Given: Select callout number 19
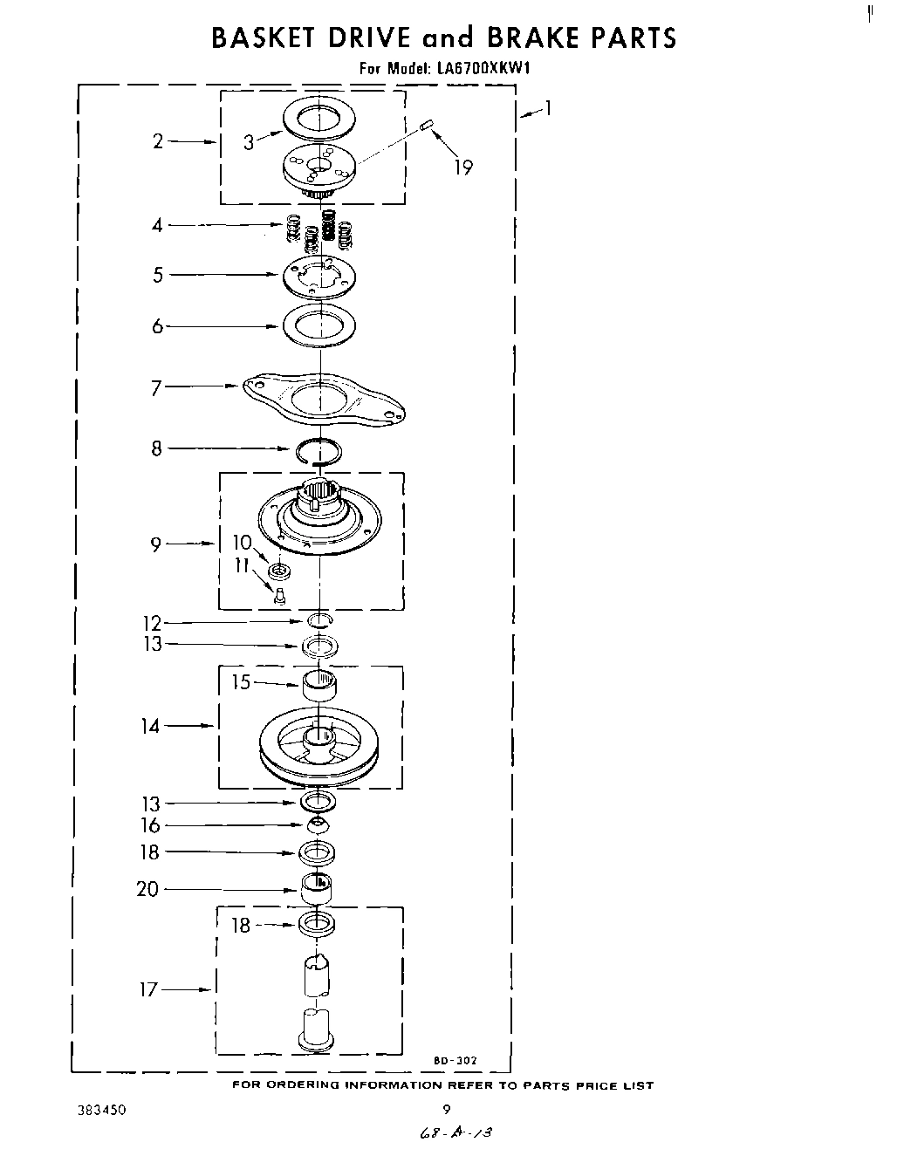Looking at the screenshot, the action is click(x=462, y=168).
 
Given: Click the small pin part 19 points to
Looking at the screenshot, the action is click(x=427, y=126).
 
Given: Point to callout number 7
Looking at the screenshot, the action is click(x=156, y=387).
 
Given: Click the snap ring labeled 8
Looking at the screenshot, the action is click(x=318, y=451).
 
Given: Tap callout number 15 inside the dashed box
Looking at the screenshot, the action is click(x=241, y=682).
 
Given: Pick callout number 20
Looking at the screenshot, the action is click(x=147, y=889).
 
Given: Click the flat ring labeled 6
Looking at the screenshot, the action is click(x=319, y=326).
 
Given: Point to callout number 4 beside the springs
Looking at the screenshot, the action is click(x=157, y=225).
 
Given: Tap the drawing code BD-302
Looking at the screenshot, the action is click(x=455, y=1061).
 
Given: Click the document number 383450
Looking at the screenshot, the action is click(x=103, y=1111).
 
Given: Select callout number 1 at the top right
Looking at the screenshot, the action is click(x=547, y=108).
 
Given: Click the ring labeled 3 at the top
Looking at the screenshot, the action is click(x=319, y=118).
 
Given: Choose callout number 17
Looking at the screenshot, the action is click(x=149, y=989).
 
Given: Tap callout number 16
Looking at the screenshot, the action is click(x=151, y=825).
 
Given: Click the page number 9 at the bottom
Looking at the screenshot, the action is click(x=447, y=1111).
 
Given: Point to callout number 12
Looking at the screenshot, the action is click(x=152, y=623).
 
